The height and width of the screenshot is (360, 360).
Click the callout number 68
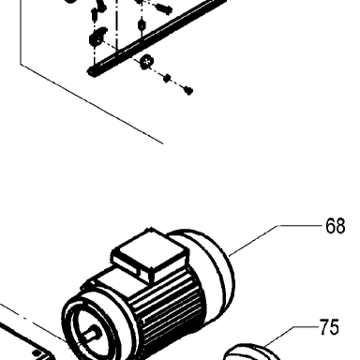tap(335, 226)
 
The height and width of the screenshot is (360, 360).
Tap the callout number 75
tap(329, 327)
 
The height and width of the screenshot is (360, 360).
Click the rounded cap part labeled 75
tap(250, 352)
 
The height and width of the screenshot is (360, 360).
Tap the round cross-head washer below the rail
tap(146, 61)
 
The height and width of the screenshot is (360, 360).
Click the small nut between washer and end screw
tap(167, 78)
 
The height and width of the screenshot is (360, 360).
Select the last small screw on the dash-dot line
tap(188, 91)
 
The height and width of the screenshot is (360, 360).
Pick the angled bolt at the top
tap(164, 8)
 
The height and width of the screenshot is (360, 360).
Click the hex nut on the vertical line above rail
tap(142, 24)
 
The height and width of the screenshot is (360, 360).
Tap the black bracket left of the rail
tap(97, 37)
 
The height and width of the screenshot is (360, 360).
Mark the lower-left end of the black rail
tap(91, 72)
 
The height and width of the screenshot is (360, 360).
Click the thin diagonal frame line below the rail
tap(92, 104)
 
